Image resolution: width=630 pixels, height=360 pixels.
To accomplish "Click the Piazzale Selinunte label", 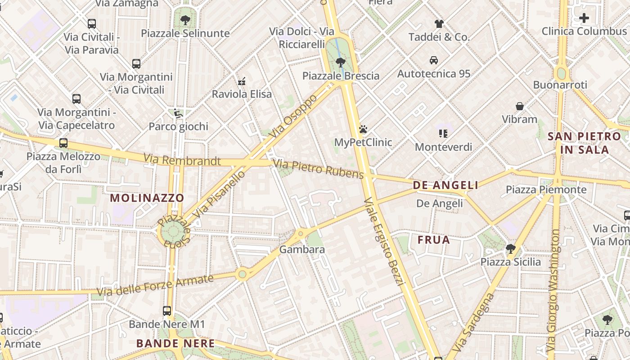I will [x=185, y=33].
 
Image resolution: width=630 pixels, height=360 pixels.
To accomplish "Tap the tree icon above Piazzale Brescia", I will [x=341, y=62].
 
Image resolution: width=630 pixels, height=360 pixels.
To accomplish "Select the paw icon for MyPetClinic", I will [x=363, y=130].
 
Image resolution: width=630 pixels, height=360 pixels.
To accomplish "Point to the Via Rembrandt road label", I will [x=182, y=160].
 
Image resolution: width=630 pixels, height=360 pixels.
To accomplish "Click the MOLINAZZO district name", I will [x=147, y=198].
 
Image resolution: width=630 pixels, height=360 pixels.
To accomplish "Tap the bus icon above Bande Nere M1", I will [x=167, y=310].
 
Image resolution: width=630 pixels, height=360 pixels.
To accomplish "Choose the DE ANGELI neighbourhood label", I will [x=445, y=185].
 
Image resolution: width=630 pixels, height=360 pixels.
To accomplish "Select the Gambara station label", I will [x=296, y=249].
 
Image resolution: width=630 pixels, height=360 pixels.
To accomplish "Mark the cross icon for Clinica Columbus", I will [x=584, y=18].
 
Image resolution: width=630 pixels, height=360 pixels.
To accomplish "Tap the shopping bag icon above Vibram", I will [x=520, y=106].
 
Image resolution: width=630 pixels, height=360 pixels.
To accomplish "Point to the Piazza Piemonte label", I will [x=546, y=189].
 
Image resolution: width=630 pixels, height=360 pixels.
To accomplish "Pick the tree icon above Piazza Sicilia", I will [x=510, y=248].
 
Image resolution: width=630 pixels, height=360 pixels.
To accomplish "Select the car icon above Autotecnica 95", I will [x=434, y=60].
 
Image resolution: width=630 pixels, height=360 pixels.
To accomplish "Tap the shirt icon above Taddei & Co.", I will [x=439, y=24].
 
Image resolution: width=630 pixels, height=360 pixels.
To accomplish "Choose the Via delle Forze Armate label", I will [x=155, y=285].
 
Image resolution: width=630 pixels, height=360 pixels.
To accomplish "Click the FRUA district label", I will [x=434, y=239].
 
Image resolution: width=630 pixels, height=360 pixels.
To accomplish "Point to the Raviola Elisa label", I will [x=242, y=94].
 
